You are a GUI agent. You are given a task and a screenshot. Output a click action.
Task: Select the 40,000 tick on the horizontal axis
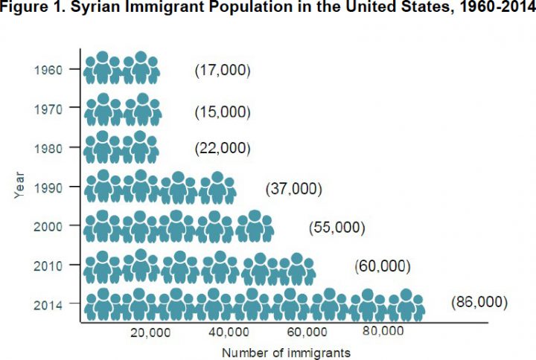(229, 332)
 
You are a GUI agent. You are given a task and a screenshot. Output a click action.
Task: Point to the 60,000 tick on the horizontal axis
(307, 332)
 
